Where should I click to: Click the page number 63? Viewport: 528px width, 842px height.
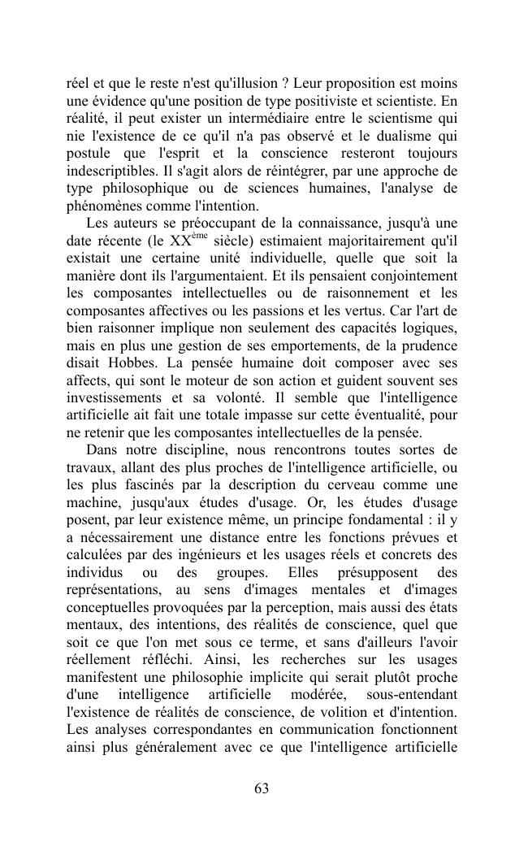click(x=262, y=789)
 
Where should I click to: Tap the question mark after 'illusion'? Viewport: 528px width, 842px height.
click(x=286, y=84)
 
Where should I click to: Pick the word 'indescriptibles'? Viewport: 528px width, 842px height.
click(x=107, y=171)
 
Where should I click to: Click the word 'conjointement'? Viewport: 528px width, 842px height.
click(x=413, y=276)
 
